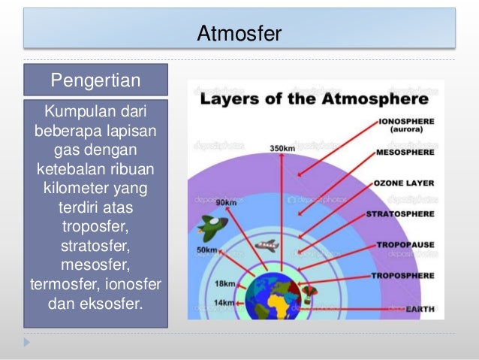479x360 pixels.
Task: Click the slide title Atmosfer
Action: pyautogui.click(x=239, y=33)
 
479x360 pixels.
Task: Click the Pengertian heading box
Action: pyautogui.click(x=95, y=80)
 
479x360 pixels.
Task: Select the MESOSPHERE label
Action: pyautogui.click(x=405, y=151)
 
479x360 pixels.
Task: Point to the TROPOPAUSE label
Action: pyautogui.click(x=405, y=245)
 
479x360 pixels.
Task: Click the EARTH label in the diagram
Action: pyautogui.click(x=420, y=308)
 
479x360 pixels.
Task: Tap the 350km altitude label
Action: pyautogui.click(x=282, y=148)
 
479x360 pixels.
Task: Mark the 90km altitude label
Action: pyautogui.click(x=226, y=202)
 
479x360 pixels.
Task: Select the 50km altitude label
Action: pyautogui.click(x=207, y=250)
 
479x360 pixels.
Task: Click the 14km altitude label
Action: pyautogui.click(x=223, y=302)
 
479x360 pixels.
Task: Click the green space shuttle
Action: pyautogui.click(x=208, y=227)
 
